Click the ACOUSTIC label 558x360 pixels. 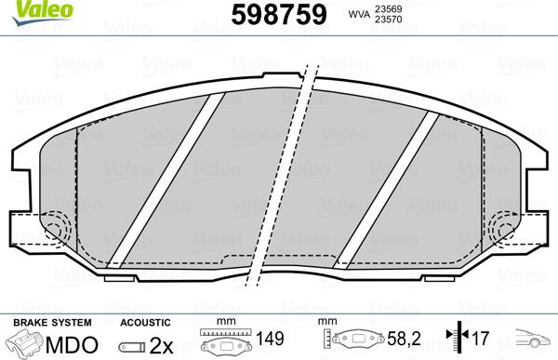pos(143,322)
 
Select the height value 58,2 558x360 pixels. pos(401,341)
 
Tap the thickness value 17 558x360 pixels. pos(479,341)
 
